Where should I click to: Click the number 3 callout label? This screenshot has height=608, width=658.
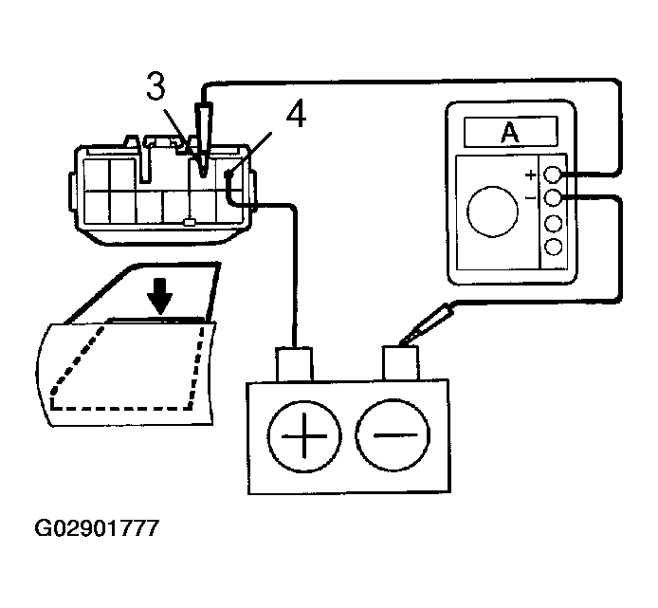point(157,87)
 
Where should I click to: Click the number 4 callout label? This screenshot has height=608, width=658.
point(296,115)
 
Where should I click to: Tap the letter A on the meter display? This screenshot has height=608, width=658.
point(510,134)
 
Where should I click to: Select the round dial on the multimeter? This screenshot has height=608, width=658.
point(492,210)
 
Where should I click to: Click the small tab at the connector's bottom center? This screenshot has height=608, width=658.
point(191,223)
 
